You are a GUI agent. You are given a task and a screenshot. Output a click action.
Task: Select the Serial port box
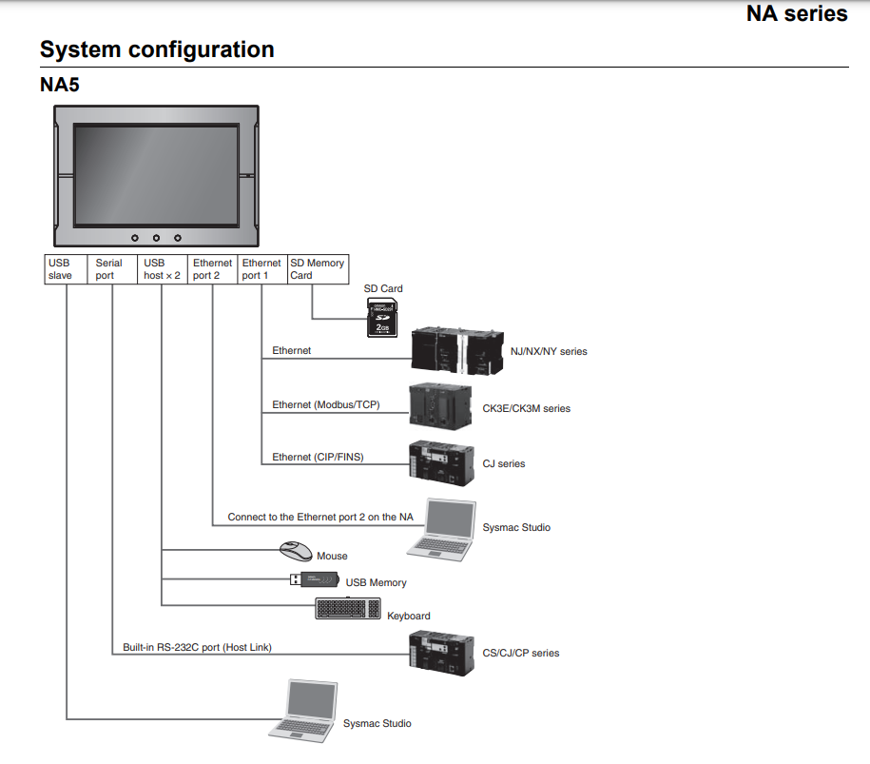113,269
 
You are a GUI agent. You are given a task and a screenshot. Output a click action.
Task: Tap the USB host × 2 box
163,269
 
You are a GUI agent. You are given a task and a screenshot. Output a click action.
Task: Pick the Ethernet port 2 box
213,269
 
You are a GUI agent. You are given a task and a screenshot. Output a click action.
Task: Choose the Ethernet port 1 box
261,269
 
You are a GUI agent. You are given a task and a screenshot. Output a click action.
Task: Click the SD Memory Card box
318,269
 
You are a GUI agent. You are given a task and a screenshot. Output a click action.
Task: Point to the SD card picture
383,316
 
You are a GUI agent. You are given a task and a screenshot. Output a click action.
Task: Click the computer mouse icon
296,552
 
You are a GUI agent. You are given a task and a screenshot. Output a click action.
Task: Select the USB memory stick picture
315,579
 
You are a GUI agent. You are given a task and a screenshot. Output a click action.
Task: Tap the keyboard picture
348,609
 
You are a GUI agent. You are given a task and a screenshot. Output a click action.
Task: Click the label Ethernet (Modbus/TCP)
325,405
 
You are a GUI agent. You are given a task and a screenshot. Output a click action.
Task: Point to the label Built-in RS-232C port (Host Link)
197,648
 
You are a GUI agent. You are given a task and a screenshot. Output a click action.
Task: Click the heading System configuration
157,49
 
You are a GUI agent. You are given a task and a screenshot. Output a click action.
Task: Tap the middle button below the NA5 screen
156,236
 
